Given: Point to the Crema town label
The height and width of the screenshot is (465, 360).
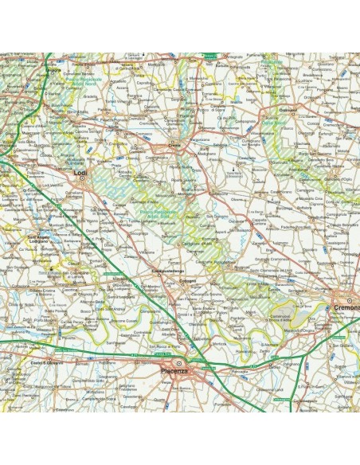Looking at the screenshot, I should [x=174, y=145].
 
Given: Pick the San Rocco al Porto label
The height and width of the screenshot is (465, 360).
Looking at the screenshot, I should [x=163, y=346].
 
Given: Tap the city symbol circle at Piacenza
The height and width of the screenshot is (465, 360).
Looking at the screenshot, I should [x=179, y=364].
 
